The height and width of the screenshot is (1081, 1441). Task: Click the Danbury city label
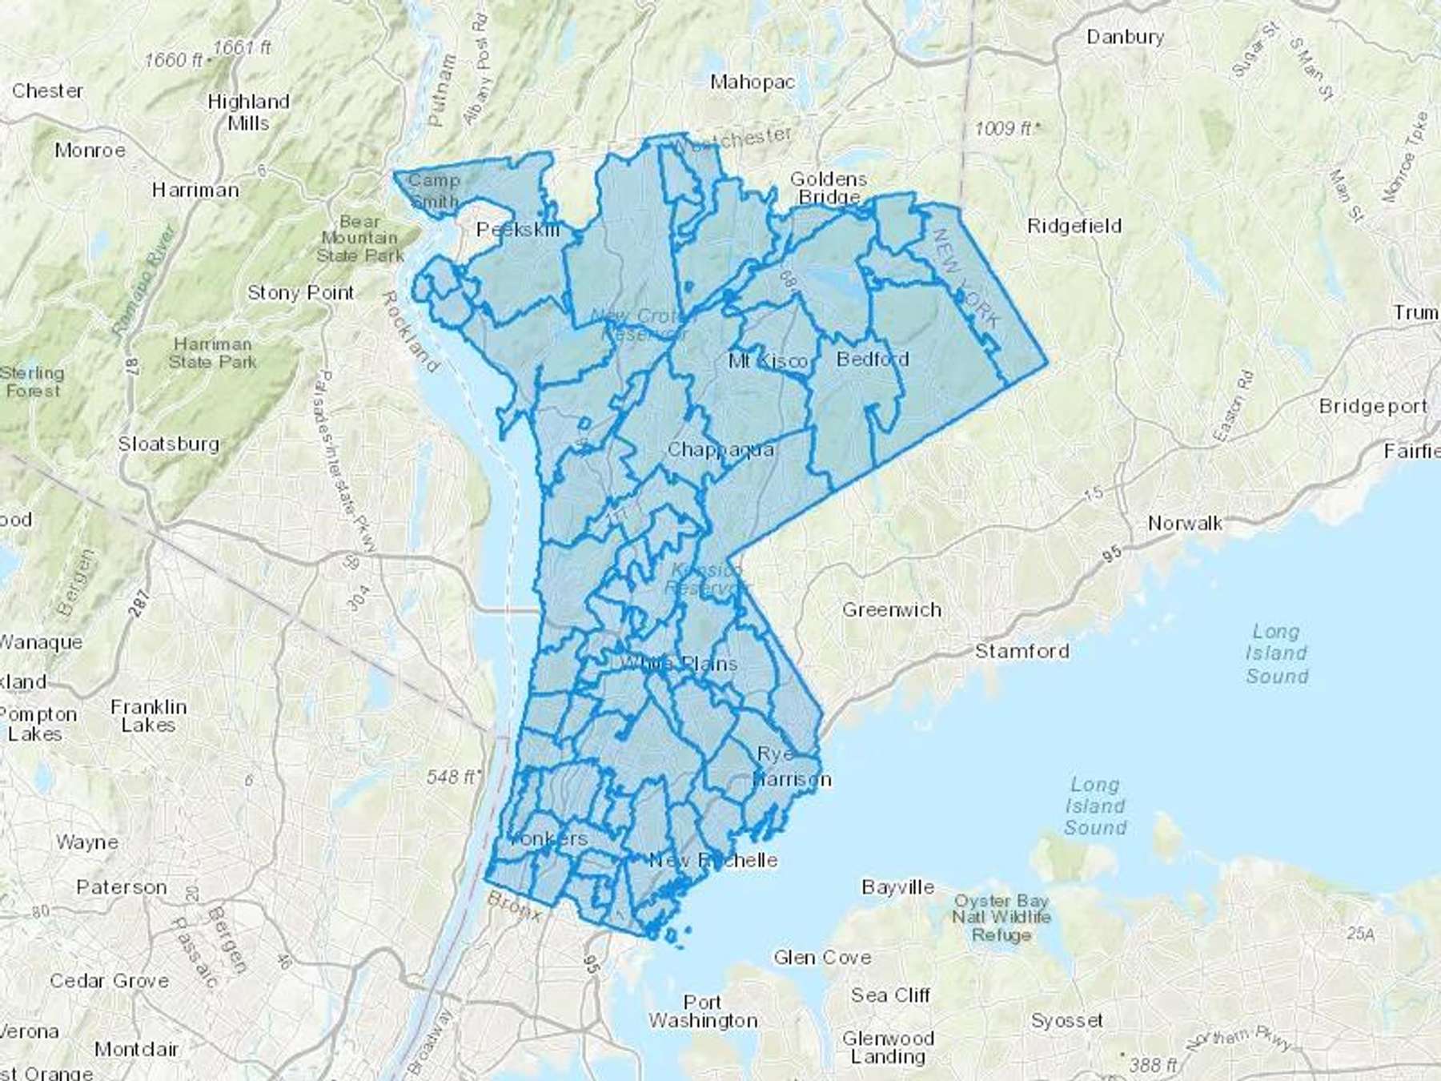coord(1125,37)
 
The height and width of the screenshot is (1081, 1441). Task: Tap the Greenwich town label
coord(891,610)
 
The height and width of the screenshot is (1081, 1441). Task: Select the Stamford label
coord(1022,651)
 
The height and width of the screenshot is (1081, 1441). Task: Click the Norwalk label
coord(1184,524)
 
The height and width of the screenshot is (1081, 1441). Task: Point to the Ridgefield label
coord(1074,227)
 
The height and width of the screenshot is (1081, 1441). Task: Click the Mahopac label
coord(753,82)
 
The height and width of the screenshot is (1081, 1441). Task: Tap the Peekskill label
coord(518,231)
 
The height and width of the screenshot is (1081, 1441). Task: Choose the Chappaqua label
coord(720,450)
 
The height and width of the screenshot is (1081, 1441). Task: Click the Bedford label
coord(872,360)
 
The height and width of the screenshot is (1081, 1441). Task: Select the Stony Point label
coord(300,293)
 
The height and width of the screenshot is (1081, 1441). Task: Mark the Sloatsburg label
coord(168,444)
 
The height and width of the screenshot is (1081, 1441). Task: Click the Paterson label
coord(122,887)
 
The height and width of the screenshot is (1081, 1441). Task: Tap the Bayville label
coord(897,887)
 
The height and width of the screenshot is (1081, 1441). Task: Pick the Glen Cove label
coord(821,958)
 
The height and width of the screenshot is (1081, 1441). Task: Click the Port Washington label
coord(702,1011)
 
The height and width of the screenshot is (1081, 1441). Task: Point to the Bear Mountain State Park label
coord(359,239)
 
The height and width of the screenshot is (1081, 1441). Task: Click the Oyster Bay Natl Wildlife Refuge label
coord(1001,918)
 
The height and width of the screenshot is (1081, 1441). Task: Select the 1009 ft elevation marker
coord(1007,128)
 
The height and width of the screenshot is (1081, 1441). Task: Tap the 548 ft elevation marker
coord(452,777)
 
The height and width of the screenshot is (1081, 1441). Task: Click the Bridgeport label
coord(1372,407)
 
